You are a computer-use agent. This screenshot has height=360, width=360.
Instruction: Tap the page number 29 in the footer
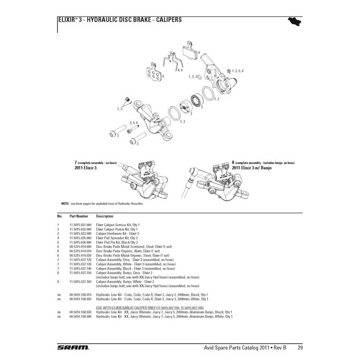tap(300, 348)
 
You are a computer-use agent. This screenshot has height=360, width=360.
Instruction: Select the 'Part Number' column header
tap(79, 216)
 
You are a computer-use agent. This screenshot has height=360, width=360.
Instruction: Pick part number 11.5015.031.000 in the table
tap(81, 224)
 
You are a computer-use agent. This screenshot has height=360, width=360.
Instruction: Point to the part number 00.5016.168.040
tap(81, 316)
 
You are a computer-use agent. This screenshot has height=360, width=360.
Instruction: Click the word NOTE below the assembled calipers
tap(65, 204)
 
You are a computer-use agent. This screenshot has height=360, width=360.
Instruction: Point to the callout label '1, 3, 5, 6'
tap(238, 71)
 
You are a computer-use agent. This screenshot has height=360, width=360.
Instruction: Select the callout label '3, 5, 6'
tap(134, 122)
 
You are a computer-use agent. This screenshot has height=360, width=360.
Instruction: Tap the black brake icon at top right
tap(294, 21)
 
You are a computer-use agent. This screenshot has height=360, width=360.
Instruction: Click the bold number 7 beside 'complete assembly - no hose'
tap(76, 162)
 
